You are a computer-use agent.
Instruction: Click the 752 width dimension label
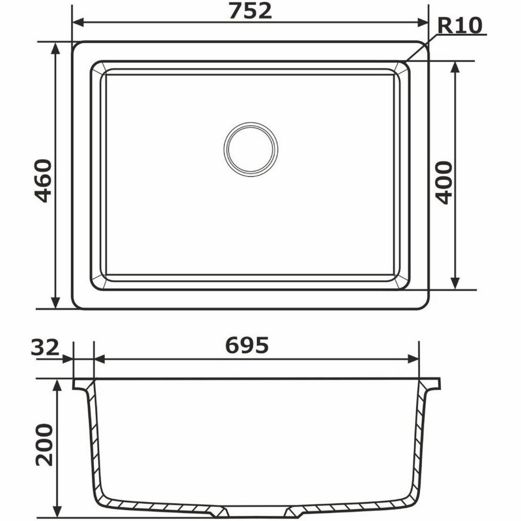[x=250, y=10]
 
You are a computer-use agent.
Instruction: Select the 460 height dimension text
[x=43, y=181]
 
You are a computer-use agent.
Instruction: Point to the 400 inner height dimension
[x=443, y=183]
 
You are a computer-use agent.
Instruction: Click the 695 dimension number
[x=247, y=345]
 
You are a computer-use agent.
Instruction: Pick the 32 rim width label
[x=45, y=348]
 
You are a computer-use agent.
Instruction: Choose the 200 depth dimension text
[x=44, y=444]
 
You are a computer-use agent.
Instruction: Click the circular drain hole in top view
[x=251, y=149]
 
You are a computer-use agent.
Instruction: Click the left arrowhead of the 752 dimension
[x=78, y=22]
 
